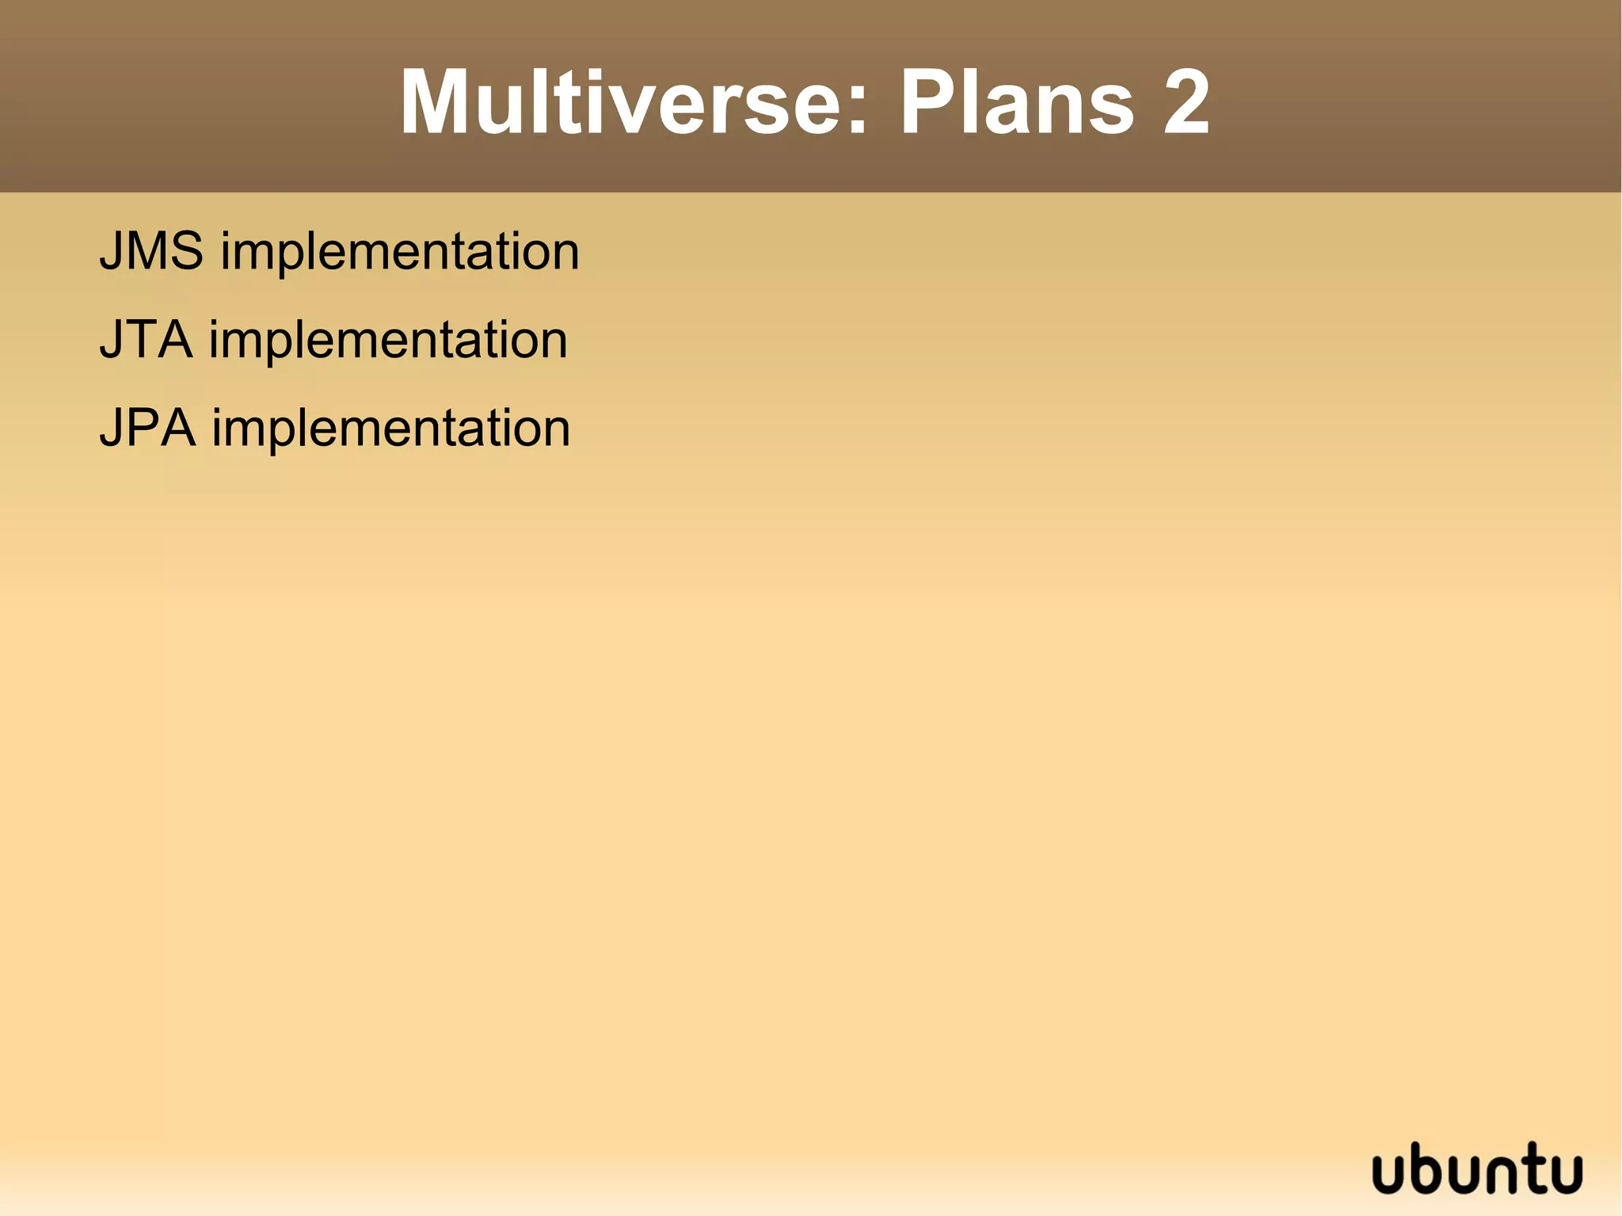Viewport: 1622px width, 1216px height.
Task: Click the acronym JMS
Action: (x=151, y=251)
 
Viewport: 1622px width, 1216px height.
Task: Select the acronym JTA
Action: (x=146, y=340)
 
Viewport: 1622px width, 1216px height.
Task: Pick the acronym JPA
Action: (x=147, y=429)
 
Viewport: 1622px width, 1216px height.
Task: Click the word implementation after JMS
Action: (x=400, y=253)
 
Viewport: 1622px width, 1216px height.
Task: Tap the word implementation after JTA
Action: (x=388, y=342)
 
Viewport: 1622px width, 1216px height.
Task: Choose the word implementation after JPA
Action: (x=390, y=431)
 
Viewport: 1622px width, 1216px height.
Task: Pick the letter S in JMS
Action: (x=184, y=251)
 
